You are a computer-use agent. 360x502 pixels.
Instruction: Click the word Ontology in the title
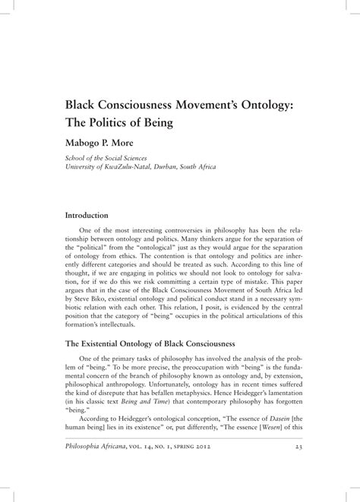coord(258,103)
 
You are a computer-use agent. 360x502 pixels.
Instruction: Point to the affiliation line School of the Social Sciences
coord(112,159)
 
